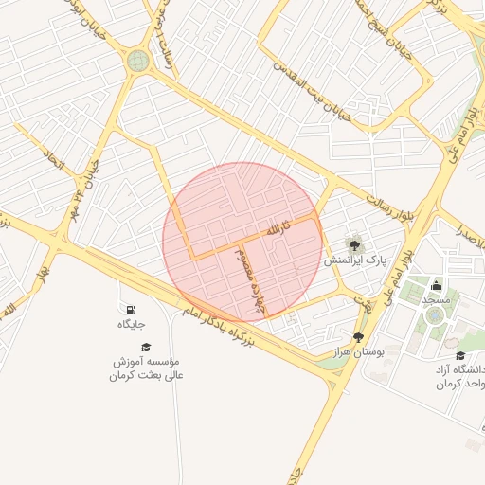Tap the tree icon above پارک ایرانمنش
[x=354, y=244]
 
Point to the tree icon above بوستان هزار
[x=358, y=336]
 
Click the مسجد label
[x=436, y=299]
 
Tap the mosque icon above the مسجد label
[x=436, y=285]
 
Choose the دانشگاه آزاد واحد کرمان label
[x=459, y=375]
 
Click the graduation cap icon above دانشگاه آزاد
[x=460, y=355]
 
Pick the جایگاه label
[x=131, y=324]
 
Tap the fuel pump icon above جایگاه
[x=131, y=310]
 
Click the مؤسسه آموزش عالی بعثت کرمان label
[x=147, y=368]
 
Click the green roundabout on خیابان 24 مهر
[x=138, y=62]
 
